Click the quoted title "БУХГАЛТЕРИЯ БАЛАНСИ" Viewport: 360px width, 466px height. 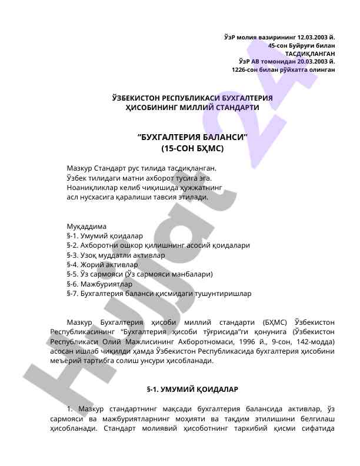pyautogui.click(x=192, y=138)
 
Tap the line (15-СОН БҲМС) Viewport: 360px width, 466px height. pyautogui.click(x=192, y=149)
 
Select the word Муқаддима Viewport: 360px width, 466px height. pyautogui.click(x=86, y=226)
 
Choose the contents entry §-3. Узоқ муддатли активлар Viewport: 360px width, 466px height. pyautogui.click(x=116, y=255)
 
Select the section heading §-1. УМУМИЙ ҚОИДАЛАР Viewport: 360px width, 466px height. pyautogui.click(x=192, y=390)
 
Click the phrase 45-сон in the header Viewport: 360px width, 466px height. pyautogui.click(x=279, y=45)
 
